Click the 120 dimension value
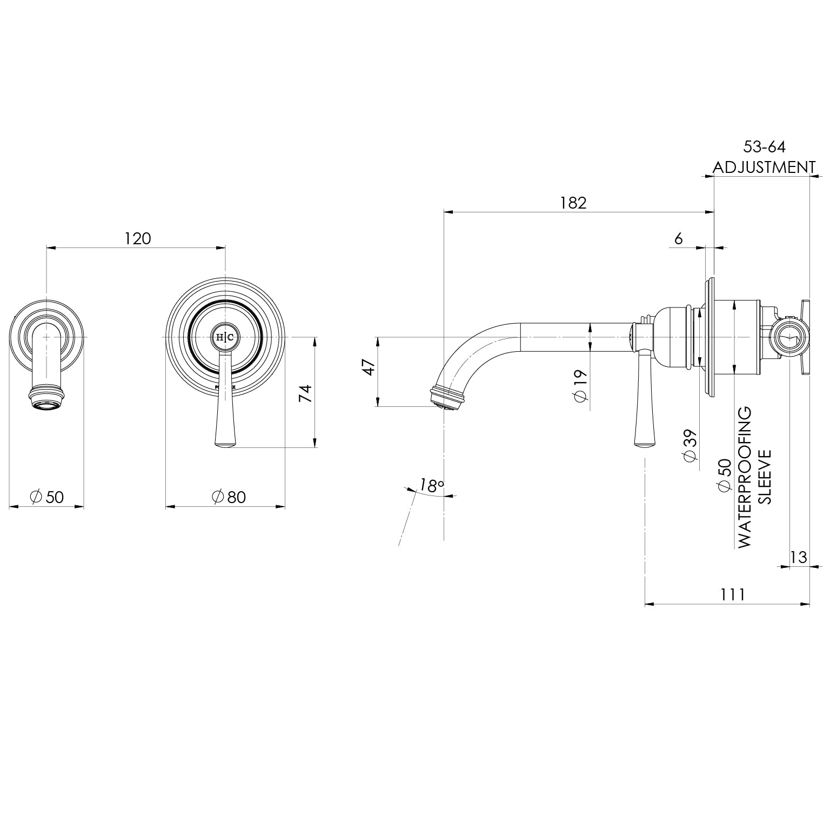(138, 238)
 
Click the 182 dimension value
(573, 203)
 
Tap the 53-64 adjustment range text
(764, 146)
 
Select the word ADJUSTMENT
(764, 167)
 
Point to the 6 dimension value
(679, 238)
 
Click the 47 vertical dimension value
(369, 368)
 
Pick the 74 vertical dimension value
(306, 393)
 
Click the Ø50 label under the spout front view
(47, 497)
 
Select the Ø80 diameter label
(229, 497)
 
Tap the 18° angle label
(431, 486)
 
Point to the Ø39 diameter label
(690, 445)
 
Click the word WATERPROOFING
(745, 477)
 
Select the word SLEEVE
(765, 476)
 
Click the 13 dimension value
(798, 557)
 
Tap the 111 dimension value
(732, 594)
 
